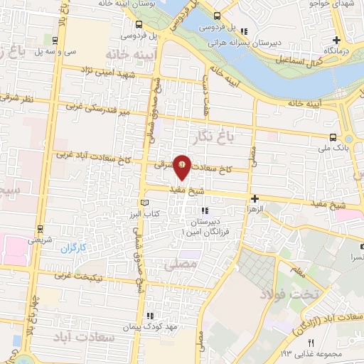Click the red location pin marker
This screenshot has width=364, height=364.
click(183, 166)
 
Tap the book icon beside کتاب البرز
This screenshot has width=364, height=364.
click(146, 203)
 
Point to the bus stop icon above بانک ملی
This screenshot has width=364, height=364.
click(333, 138)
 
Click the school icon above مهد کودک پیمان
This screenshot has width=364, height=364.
click(149, 316)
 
